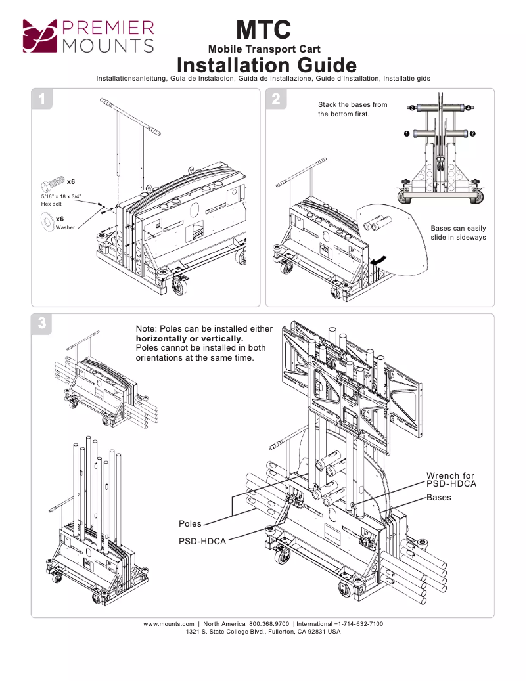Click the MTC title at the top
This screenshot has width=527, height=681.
tap(263, 30)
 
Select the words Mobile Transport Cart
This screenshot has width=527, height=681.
tap(264, 49)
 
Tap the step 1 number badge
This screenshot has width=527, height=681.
tap(42, 100)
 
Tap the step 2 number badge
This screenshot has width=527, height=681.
tap(276, 100)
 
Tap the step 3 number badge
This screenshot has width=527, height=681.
tap(42, 323)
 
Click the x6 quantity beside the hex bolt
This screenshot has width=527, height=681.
tap(71, 181)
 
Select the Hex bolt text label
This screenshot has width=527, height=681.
tap(51, 204)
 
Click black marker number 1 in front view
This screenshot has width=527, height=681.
tap(407, 133)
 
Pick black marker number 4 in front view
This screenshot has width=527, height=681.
tap(469, 108)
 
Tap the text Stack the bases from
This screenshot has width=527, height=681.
tap(352, 105)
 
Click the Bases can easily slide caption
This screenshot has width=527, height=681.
tap(458, 232)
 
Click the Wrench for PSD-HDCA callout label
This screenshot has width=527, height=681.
tap(450, 479)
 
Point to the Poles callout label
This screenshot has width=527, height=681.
tap(190, 524)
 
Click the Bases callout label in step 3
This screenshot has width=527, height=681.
tap(439, 498)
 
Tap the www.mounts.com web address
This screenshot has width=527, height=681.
tap(169, 623)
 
